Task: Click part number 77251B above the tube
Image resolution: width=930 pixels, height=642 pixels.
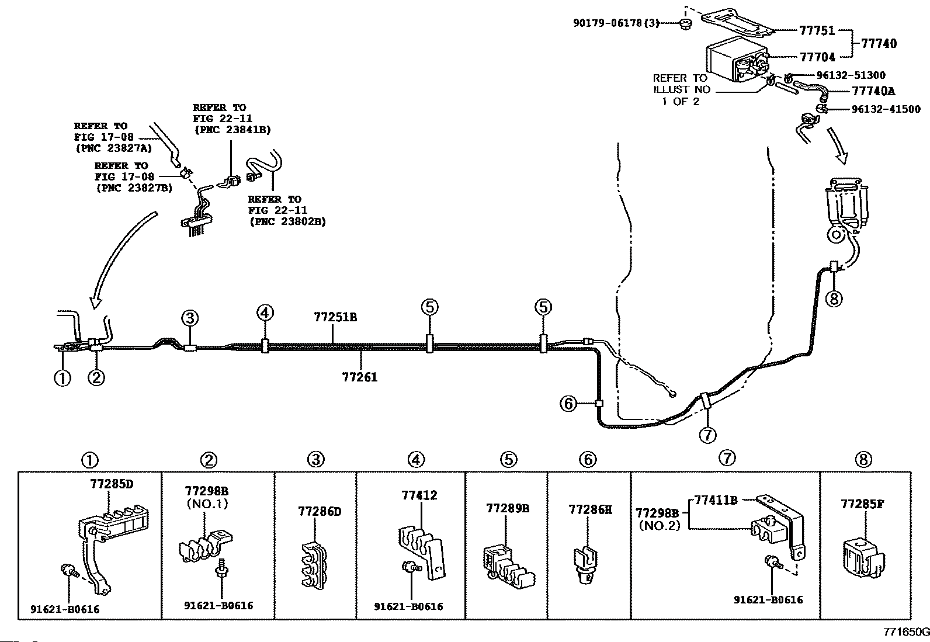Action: pos(335,318)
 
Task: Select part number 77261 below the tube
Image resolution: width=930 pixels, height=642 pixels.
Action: pos(360,377)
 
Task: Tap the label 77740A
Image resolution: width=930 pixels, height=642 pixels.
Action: pos(873,91)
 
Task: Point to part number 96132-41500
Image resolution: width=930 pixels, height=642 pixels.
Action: pos(886,109)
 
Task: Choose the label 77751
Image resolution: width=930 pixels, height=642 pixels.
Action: pos(817,31)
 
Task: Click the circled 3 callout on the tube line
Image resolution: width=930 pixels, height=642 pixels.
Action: pos(190,318)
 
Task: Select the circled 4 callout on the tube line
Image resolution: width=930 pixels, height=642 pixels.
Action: pos(265,313)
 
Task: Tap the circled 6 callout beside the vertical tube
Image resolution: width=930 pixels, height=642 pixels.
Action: pos(568,403)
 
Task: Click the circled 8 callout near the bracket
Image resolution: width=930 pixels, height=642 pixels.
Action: pos(834,299)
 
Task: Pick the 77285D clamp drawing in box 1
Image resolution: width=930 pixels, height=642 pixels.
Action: pos(111,537)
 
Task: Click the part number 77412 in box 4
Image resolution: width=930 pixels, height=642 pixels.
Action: pos(419,496)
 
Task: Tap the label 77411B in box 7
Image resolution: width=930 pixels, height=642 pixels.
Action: pos(716,499)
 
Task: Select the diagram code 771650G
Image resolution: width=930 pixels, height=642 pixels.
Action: pos(906,632)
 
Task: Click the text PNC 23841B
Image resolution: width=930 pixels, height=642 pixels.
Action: pos(232,130)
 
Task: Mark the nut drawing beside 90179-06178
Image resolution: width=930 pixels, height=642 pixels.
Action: pos(684,24)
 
